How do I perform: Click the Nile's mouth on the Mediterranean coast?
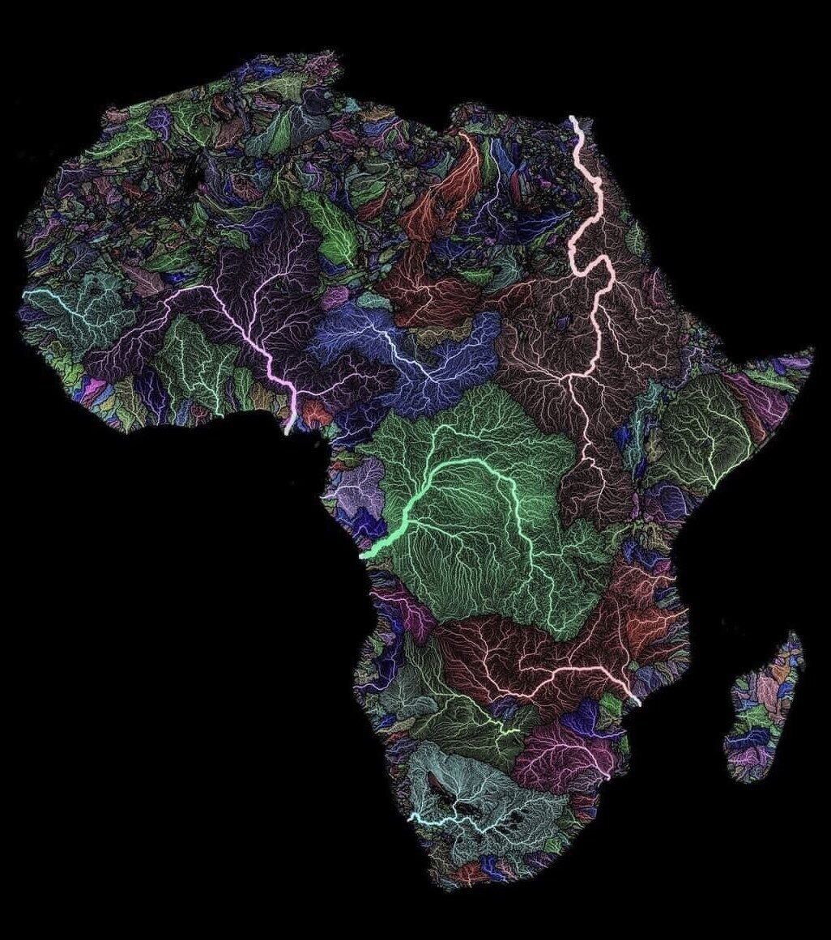coord(573,119)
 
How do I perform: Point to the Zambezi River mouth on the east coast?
coord(637,703)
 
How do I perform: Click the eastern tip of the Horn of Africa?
coord(811,351)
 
